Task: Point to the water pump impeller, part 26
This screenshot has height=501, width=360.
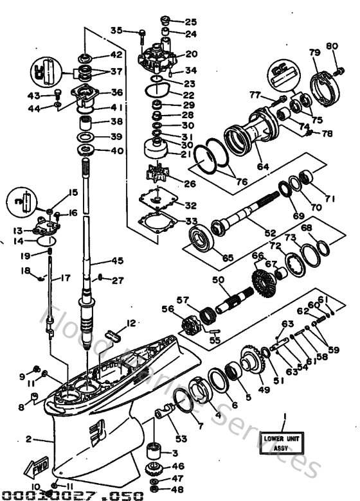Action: pyautogui.click(x=154, y=174)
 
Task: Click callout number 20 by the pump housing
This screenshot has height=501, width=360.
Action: pyautogui.click(x=191, y=54)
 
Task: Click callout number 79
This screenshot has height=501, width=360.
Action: pyautogui.click(x=314, y=52)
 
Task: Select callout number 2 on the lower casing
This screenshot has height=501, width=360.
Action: pyautogui.click(x=28, y=440)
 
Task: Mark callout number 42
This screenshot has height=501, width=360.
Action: pyautogui.click(x=116, y=55)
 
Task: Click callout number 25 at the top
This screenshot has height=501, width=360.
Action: pyautogui.click(x=191, y=21)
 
